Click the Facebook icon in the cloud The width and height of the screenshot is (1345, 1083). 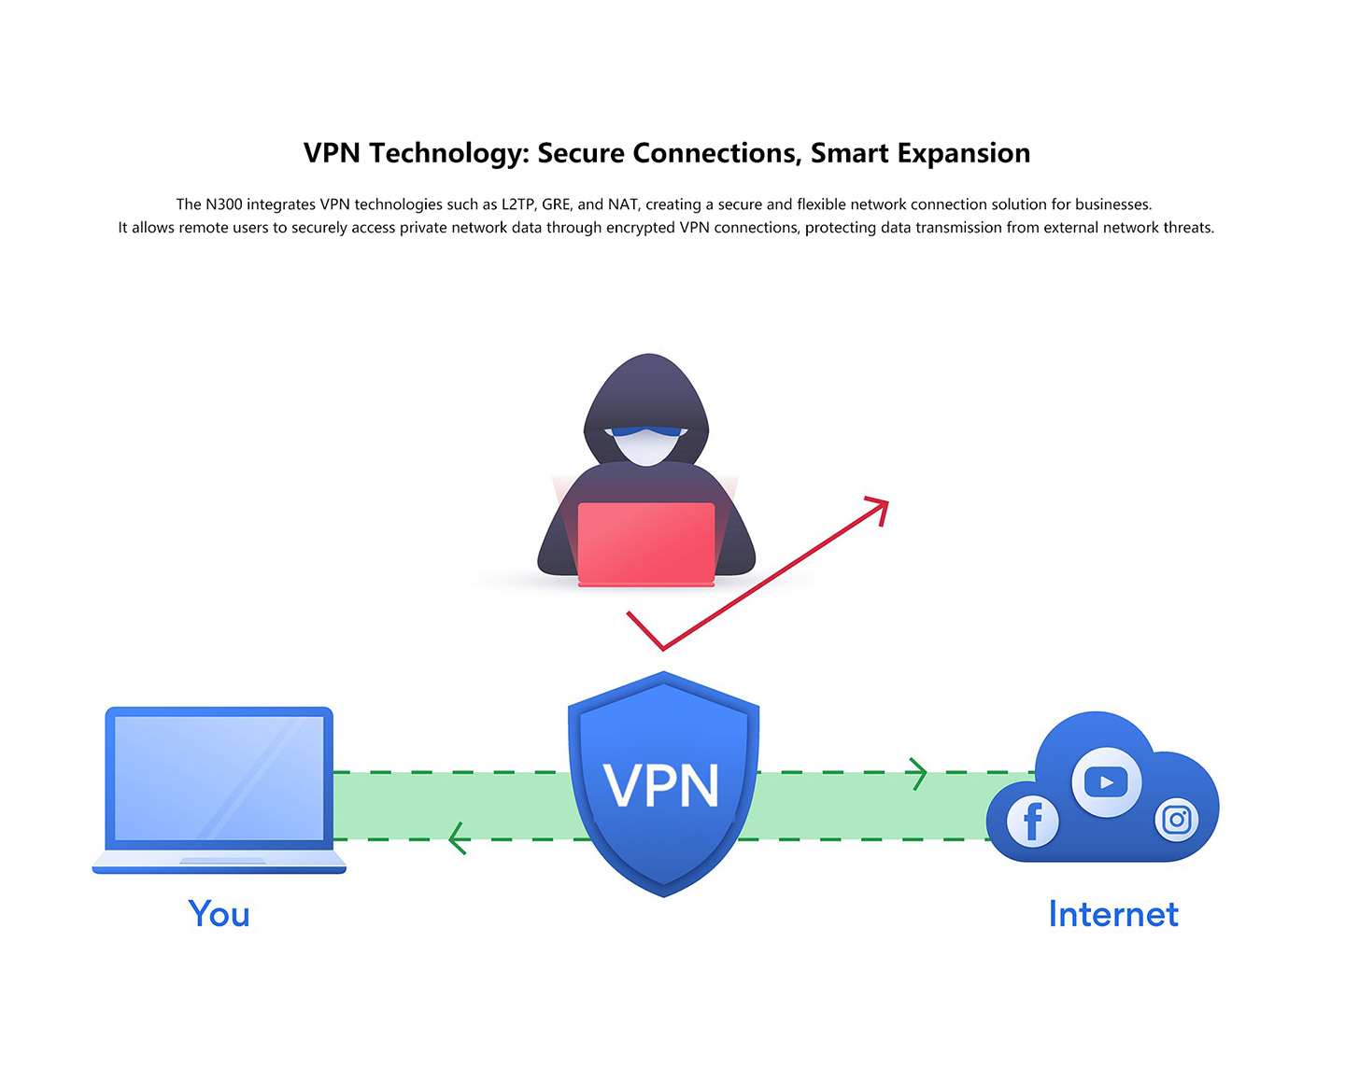[1032, 822]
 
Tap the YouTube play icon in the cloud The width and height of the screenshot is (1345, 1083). [1106, 781]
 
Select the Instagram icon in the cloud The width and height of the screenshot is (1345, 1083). [1177, 820]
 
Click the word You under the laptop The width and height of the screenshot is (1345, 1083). [219, 914]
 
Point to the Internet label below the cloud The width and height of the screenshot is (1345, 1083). [1113, 914]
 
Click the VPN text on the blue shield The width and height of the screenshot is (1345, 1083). [660, 785]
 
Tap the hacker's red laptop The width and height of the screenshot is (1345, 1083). [646, 543]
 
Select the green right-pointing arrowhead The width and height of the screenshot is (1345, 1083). [918, 774]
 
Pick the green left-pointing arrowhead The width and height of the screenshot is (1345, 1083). [458, 838]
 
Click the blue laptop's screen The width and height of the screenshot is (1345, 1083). [219, 778]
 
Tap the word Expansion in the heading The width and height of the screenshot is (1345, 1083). [964, 154]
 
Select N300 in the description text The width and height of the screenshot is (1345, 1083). [224, 204]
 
